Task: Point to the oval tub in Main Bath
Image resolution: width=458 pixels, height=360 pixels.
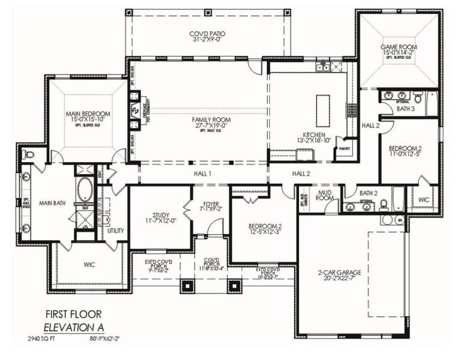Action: click(x=85, y=190)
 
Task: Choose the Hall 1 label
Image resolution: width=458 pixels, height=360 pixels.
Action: click(x=202, y=173)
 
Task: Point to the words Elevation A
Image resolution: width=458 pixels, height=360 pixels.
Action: click(x=73, y=328)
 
